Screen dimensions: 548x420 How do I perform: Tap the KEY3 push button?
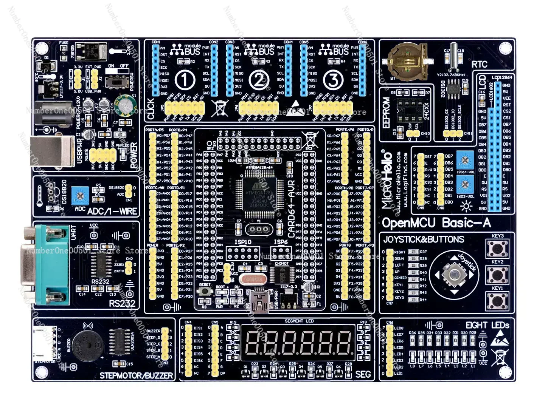tap(497, 249)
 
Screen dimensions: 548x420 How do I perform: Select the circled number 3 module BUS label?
tap(333, 80)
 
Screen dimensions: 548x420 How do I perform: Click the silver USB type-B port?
tap(52, 151)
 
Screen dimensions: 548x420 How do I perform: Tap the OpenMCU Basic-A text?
tap(436, 223)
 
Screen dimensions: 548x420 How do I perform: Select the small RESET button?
tap(205, 292)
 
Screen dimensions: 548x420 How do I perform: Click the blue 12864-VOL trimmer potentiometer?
tap(465, 160)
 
